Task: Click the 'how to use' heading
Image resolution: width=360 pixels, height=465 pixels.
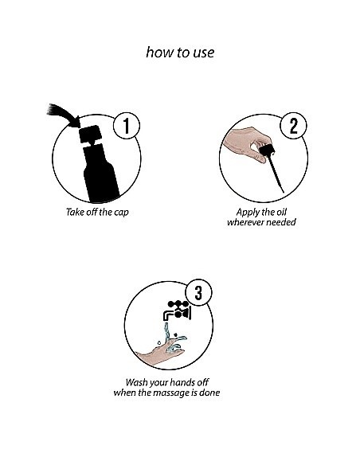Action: point(180,53)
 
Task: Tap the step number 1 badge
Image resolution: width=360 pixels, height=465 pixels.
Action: point(127,126)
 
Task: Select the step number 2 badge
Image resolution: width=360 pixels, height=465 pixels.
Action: point(293,126)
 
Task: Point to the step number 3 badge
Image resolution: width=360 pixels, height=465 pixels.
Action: point(198,292)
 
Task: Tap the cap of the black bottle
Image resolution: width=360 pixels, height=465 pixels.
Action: point(91,134)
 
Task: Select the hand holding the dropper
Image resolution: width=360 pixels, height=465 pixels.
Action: point(246,143)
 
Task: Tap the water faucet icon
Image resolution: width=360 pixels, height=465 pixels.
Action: point(177,311)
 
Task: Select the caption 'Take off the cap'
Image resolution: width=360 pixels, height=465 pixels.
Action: point(97,213)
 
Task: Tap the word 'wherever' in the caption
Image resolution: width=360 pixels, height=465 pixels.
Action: point(244,222)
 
